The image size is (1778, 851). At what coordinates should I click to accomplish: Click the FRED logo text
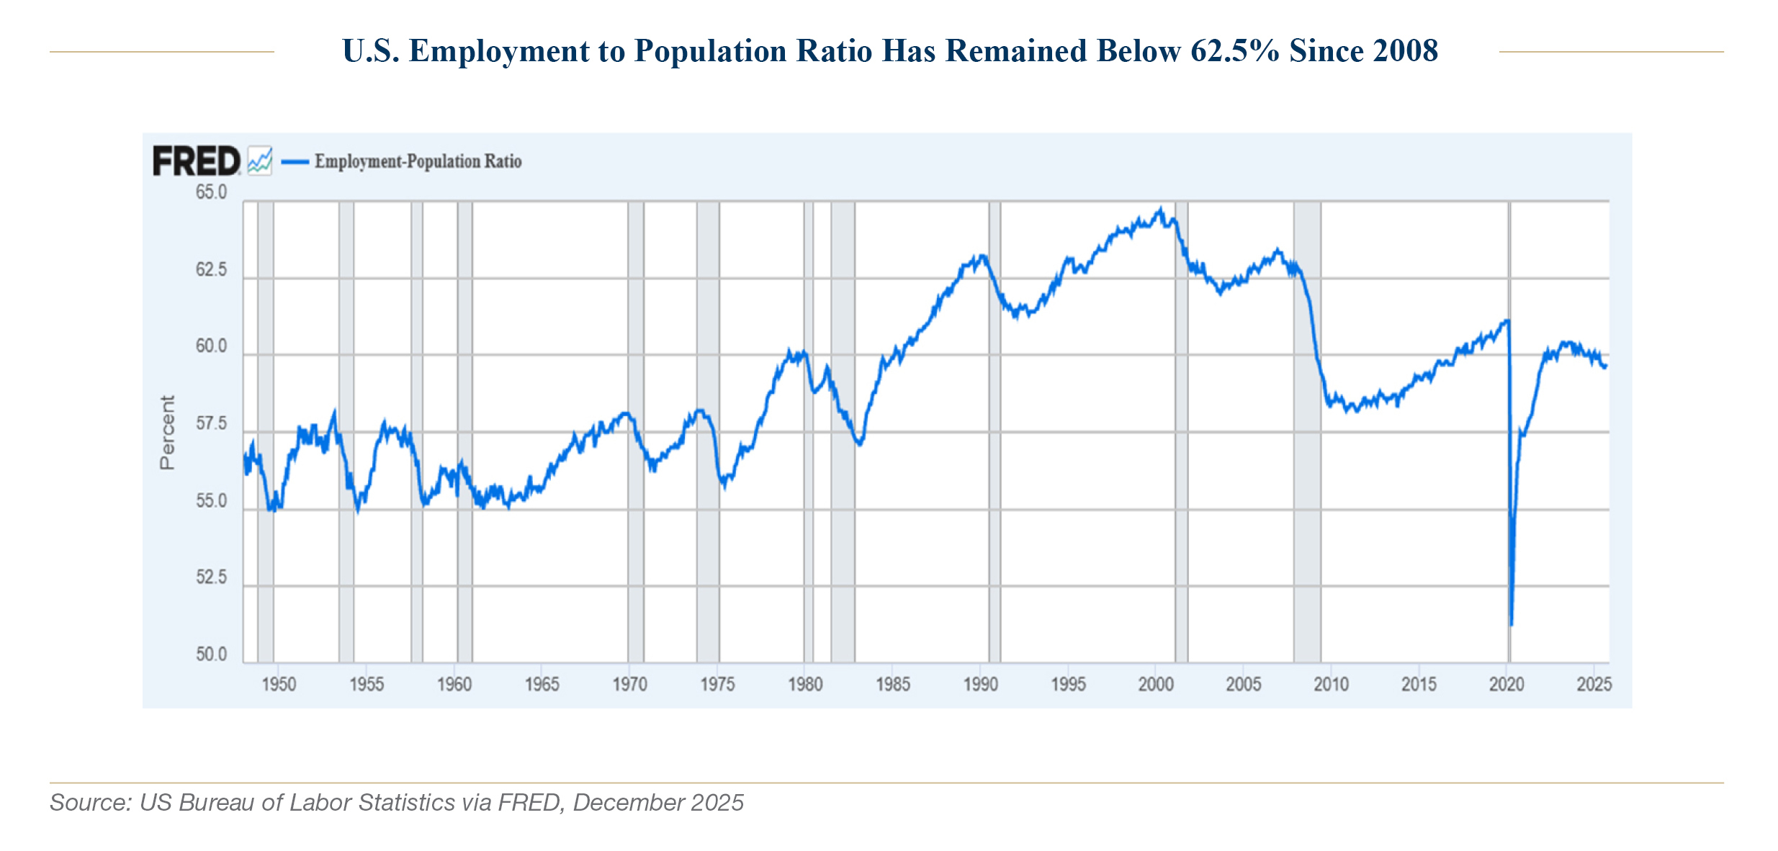[196, 161]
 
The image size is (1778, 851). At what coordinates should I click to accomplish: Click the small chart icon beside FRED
[260, 161]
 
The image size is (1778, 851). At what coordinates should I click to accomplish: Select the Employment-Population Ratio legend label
[418, 161]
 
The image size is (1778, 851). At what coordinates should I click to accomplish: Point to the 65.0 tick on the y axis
[211, 192]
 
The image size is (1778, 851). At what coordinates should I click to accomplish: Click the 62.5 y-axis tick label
[211, 270]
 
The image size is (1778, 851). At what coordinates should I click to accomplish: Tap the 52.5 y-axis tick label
[211, 577]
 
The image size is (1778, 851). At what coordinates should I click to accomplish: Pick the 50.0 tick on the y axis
[211, 654]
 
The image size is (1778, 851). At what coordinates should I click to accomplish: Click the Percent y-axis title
[167, 432]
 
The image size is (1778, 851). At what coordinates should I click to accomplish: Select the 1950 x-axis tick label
[279, 684]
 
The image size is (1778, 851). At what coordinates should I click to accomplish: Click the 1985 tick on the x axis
[893, 684]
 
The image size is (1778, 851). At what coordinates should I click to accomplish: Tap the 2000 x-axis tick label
[1156, 684]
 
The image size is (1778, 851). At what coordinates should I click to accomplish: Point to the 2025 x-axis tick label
[1594, 684]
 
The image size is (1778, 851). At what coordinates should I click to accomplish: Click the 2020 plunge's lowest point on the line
[1511, 624]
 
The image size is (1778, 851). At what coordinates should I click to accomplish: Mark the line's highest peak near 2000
[1160, 210]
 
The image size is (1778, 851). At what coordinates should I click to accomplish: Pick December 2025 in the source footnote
[658, 802]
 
